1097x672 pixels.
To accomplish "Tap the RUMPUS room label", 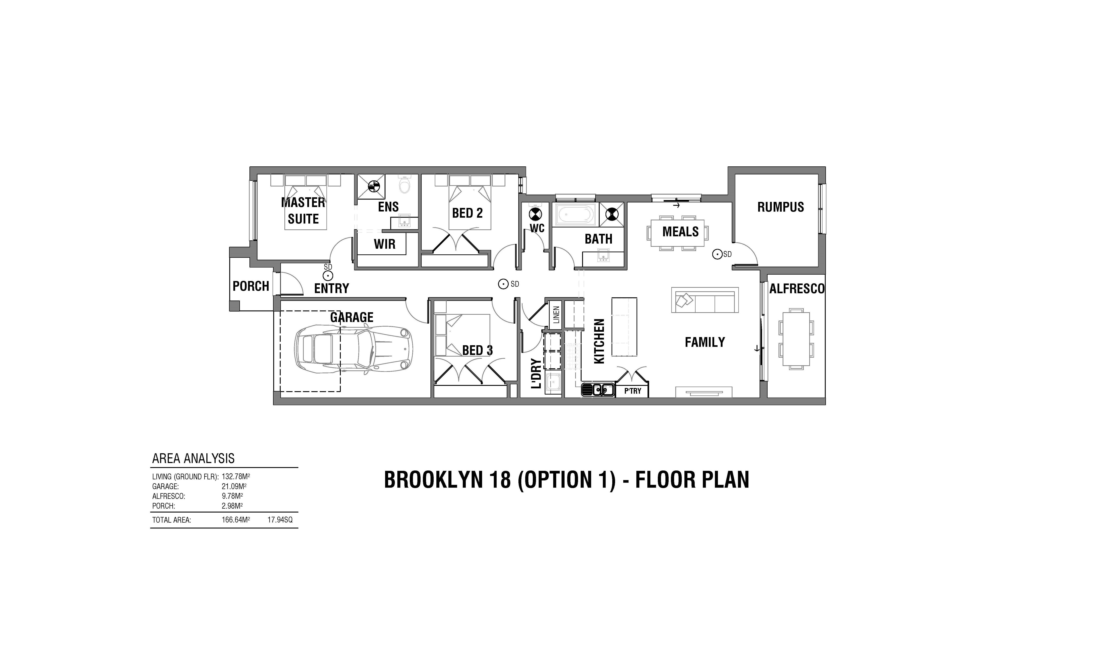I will click(781, 207).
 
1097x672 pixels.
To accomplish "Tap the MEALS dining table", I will click(677, 232).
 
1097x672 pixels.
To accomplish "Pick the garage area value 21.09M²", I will click(234, 486).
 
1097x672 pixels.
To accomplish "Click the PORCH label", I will click(251, 286).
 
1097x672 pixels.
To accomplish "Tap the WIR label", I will click(384, 244).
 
